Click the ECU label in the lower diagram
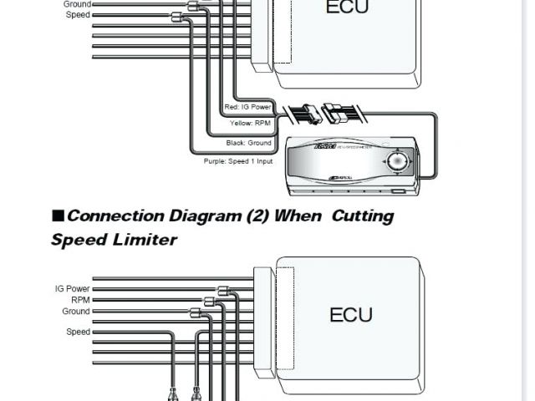351,315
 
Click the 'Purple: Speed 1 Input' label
237,160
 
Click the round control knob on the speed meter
398,160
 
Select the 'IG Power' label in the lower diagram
73,289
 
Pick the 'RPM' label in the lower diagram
80,300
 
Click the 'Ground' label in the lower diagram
76,311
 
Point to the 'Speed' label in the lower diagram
79,332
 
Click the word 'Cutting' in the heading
362,216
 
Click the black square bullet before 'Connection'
58,215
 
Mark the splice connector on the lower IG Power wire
223,291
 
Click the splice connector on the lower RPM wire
209,301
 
